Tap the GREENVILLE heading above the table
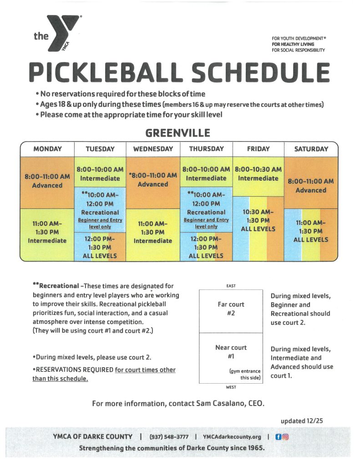pos(177,133)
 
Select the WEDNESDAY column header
pos(153,149)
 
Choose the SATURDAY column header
pos(311,149)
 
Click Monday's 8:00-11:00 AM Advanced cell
pos(47,181)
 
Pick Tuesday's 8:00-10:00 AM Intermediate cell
pos(100,174)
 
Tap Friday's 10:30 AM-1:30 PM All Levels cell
pos(258,220)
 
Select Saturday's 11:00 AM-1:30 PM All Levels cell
pos(311,231)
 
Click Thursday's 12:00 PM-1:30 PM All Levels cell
pos(206,247)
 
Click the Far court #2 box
pos(231,309)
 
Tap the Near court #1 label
pos(231,352)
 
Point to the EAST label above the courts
pos(231,286)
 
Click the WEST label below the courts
pos(231,387)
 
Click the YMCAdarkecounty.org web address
pos(232,437)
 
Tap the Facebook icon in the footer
pos(279,437)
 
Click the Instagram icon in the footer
pos(286,437)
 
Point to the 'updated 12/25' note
pos(302,421)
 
